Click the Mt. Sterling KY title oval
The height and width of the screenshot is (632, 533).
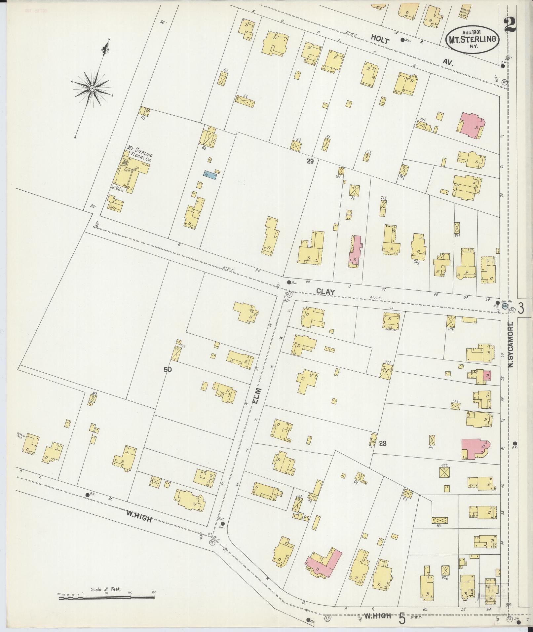coord(472,40)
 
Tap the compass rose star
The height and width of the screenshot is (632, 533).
coord(92,88)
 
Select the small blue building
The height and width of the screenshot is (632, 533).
coord(210,175)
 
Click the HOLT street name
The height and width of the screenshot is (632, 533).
coord(380,39)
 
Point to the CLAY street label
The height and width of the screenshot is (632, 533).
coord(325,292)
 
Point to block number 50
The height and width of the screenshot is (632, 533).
coord(168,370)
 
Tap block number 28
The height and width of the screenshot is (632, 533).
coord(383,444)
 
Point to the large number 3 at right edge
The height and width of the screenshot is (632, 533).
coord(521,308)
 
